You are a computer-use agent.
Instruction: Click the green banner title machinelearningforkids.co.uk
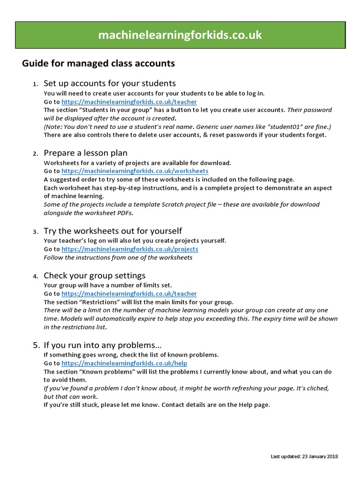point(180,36)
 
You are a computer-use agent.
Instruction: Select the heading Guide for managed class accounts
point(98,63)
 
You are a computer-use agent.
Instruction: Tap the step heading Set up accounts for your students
point(110,83)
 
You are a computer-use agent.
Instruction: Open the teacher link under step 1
point(129,102)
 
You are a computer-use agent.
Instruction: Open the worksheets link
point(135,172)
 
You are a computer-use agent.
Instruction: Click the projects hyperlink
point(130,249)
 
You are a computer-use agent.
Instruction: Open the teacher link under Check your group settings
point(129,293)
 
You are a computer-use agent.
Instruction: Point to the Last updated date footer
point(305,456)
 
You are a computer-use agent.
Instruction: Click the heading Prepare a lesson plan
point(85,153)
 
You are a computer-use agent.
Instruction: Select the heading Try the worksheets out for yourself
point(112,231)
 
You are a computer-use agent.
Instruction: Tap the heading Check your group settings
point(94,276)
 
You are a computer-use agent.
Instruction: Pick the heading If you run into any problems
point(102,345)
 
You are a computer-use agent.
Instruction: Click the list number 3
point(36,232)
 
